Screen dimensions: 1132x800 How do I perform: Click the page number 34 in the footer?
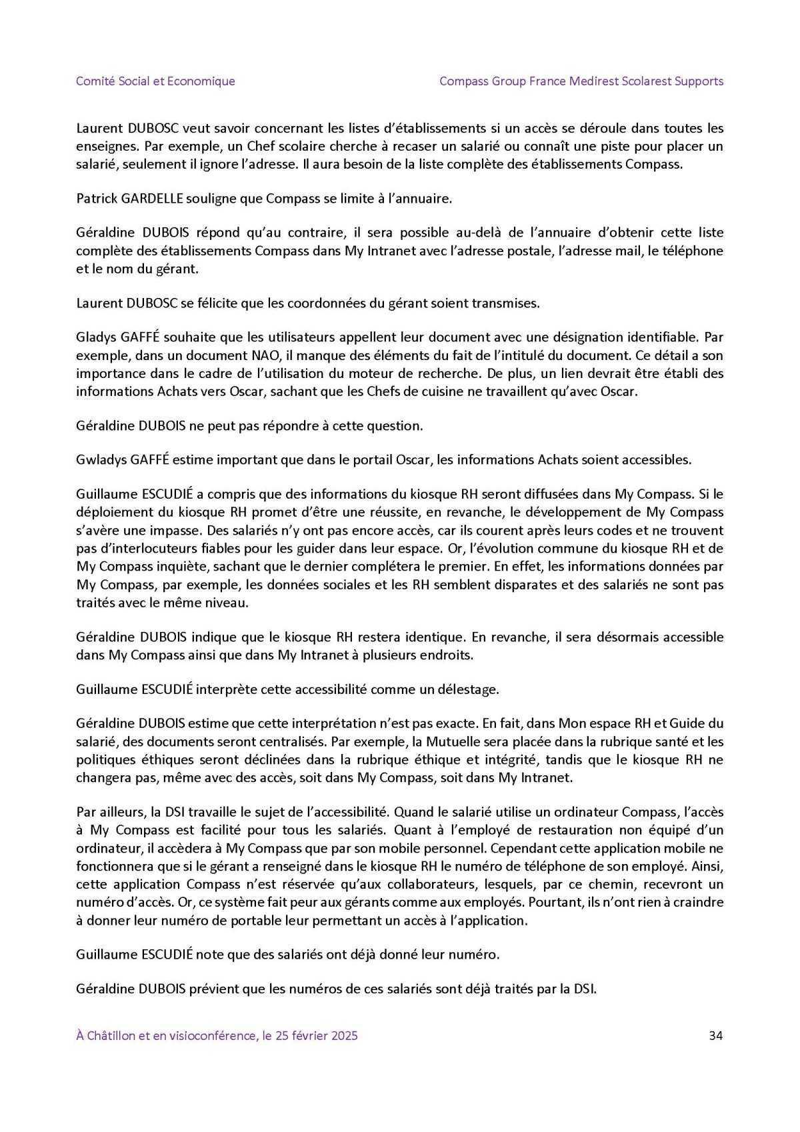click(x=716, y=1035)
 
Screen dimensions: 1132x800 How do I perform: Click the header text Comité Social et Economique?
click(x=155, y=81)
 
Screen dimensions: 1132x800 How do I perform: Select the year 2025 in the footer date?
click(x=344, y=1035)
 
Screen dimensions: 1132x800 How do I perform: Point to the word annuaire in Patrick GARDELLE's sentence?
click(x=423, y=199)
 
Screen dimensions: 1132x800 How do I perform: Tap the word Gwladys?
click(x=99, y=459)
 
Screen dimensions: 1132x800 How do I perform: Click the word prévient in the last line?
click(x=216, y=989)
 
